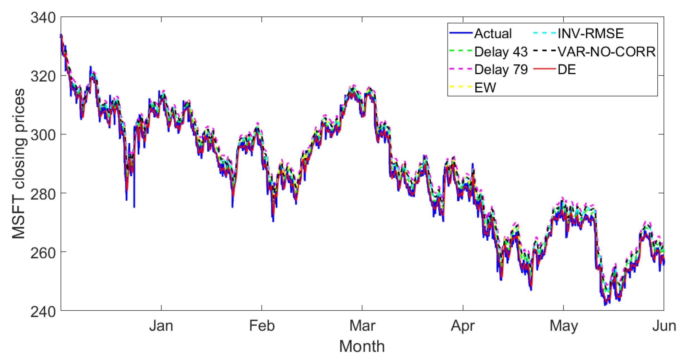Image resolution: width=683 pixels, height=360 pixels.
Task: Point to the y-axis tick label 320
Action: point(43,76)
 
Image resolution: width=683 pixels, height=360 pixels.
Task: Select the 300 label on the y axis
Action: point(43,135)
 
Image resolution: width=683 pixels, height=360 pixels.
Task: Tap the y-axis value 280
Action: point(43,194)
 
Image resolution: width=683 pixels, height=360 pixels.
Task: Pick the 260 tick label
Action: point(43,253)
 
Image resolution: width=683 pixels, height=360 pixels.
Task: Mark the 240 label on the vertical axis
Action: point(43,311)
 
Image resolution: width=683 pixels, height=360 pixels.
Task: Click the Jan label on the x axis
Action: point(161,326)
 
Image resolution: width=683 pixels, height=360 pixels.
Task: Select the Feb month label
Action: point(262,326)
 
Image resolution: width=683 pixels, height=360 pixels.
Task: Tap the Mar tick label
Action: point(362,326)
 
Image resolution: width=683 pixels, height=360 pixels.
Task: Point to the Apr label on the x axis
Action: point(463,326)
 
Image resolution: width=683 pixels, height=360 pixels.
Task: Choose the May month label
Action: point(564,326)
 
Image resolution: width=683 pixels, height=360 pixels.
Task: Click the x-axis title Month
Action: point(362,346)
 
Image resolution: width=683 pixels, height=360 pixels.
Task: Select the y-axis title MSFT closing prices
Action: point(19,164)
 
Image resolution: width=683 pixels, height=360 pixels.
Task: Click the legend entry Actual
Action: point(493,34)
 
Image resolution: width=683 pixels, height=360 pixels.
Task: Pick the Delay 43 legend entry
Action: point(501,52)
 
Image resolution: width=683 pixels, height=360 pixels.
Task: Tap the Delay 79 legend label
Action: point(501,69)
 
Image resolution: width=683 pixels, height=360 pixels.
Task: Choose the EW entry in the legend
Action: point(485,88)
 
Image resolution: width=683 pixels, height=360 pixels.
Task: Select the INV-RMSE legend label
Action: point(590,34)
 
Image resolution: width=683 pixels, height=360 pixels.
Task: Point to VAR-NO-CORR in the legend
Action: point(607,52)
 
